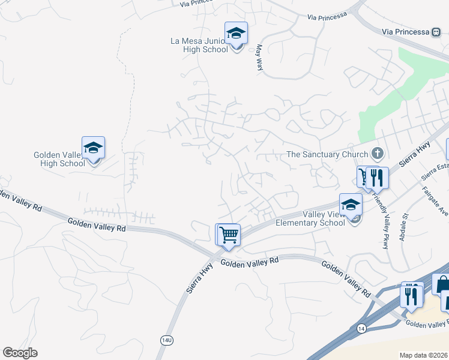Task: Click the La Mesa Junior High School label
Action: coord(199,45)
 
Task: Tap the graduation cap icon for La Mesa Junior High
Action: coord(237,34)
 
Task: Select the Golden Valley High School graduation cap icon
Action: coord(93,148)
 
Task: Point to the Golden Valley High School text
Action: coord(59,159)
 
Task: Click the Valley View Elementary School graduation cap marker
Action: coord(351,205)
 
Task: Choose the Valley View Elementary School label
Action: coord(310,218)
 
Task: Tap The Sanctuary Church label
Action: coord(327,154)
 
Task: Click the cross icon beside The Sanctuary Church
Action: coord(378,154)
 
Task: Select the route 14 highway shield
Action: coord(361,329)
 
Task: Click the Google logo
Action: coord(20,353)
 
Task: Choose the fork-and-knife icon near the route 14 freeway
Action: coord(411,295)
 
